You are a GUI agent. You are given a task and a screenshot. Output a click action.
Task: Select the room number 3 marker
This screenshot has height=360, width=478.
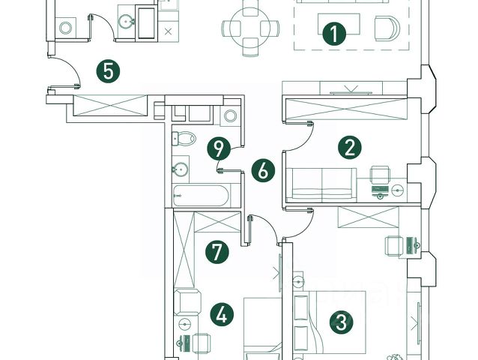[x=341, y=323]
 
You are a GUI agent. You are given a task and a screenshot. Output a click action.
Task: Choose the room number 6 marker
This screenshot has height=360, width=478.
[x=262, y=170]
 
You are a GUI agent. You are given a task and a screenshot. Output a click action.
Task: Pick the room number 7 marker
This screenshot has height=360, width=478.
[x=217, y=251]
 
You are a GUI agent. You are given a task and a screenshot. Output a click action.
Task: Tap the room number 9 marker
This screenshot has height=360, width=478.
[x=218, y=148]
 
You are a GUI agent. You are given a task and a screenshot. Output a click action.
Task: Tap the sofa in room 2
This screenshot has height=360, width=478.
[x=321, y=183]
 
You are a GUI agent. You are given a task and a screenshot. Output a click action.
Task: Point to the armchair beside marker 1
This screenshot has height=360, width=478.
[x=387, y=28]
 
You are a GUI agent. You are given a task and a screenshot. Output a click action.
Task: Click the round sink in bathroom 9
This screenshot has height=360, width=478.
[x=181, y=168]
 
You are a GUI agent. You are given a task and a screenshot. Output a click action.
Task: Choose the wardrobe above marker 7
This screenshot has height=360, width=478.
[x=208, y=223]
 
